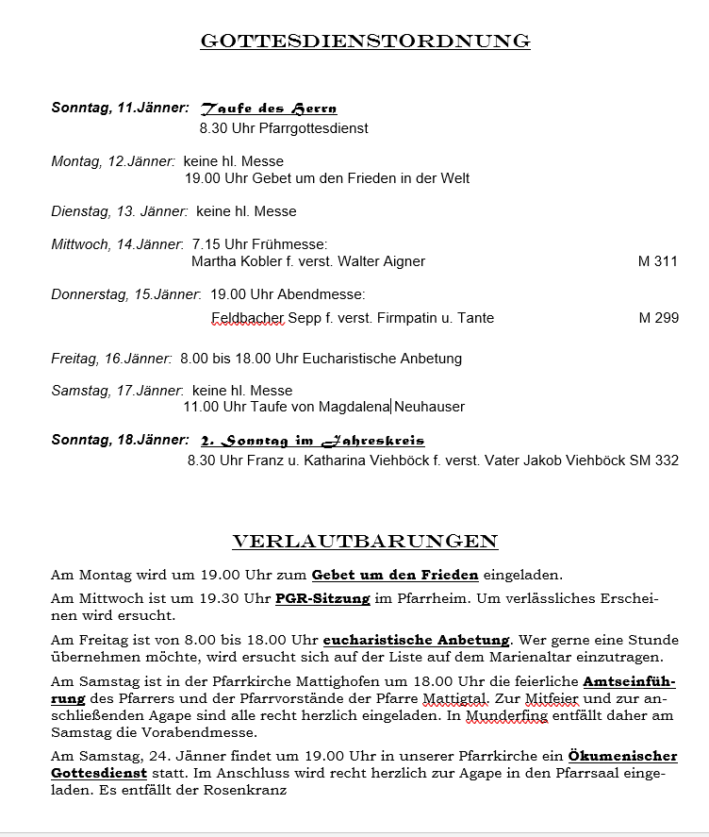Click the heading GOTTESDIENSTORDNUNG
pos(365,42)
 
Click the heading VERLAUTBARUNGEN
pos(365,542)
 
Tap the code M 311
pos(657,261)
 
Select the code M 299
pos(658,318)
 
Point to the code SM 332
pos(654,460)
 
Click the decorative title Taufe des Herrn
pos(269,109)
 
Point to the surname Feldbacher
pos(248,318)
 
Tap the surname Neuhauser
pos(430,407)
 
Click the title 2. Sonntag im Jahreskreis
pos(312,441)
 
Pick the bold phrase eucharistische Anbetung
pos(416,640)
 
